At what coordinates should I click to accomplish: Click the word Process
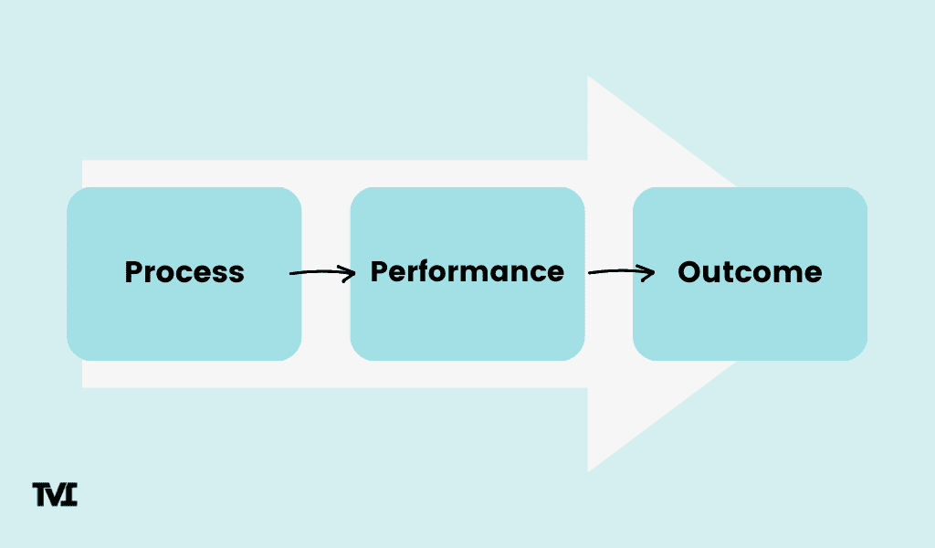click(x=184, y=272)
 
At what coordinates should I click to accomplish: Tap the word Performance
click(x=467, y=272)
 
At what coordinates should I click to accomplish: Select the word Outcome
click(x=750, y=272)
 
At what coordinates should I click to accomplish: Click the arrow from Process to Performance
click(x=321, y=272)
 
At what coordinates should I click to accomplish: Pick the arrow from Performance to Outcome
click(x=621, y=272)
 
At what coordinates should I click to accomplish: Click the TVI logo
click(x=55, y=494)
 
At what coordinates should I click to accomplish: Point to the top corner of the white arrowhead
click(x=588, y=78)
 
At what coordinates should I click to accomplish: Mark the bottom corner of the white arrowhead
click(x=588, y=470)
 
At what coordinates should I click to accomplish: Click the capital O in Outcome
click(x=689, y=272)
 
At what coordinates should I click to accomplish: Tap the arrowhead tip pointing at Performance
click(x=353, y=272)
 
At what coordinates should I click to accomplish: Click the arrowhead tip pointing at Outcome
click(x=654, y=272)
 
